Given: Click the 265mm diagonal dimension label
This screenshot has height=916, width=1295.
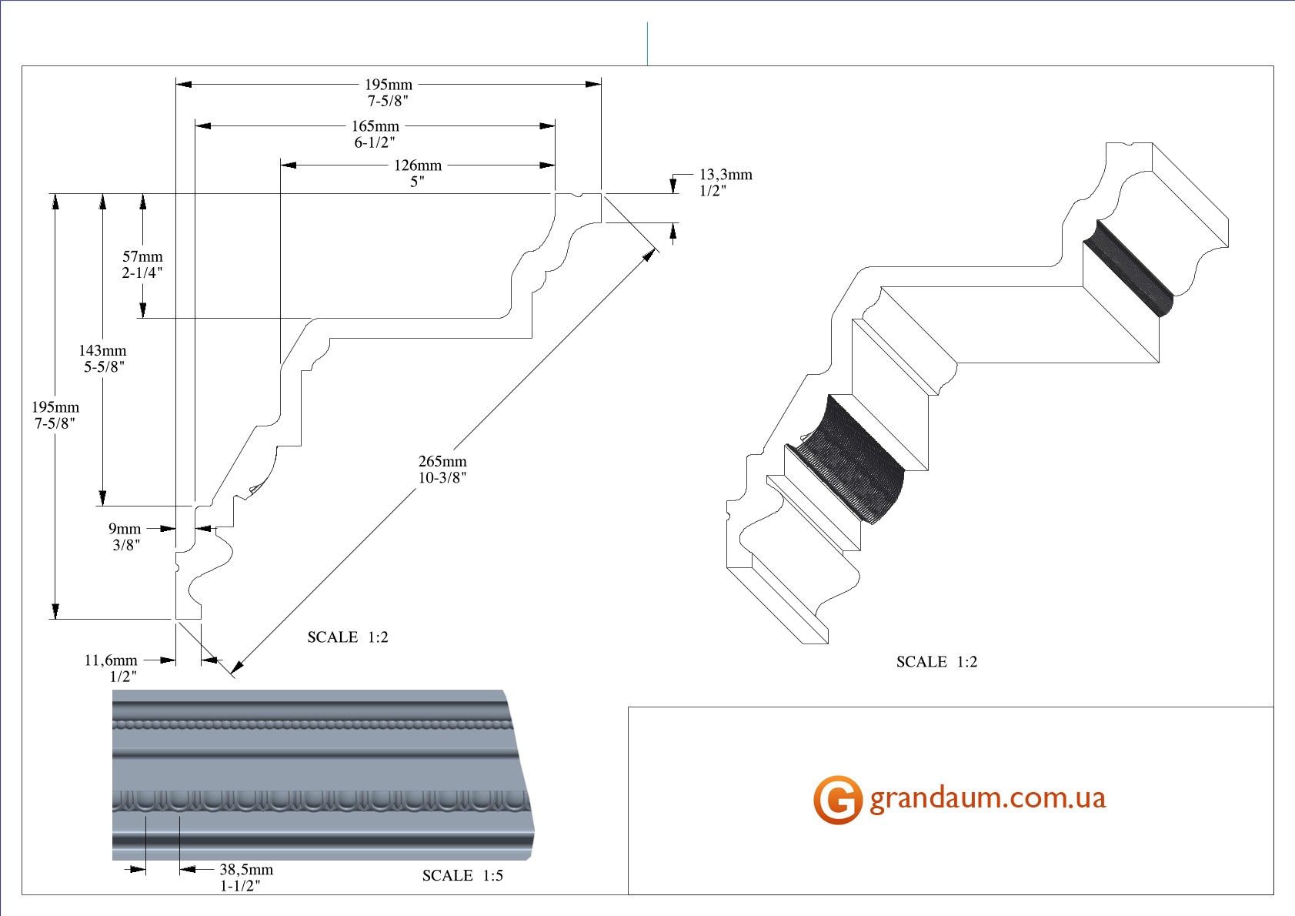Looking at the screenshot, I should click(x=442, y=462).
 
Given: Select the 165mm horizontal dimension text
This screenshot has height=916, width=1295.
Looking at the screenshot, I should click(x=375, y=126).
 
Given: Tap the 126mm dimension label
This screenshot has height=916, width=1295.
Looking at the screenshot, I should click(x=418, y=165).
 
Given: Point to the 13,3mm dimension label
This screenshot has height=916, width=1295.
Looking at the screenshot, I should click(x=726, y=175).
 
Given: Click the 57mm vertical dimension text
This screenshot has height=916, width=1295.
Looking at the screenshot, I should click(x=143, y=257).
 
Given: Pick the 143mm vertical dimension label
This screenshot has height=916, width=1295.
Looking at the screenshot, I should click(x=102, y=351).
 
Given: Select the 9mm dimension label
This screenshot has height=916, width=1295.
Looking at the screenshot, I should click(x=125, y=529).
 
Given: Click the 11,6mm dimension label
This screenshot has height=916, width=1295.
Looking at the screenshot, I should click(x=111, y=660).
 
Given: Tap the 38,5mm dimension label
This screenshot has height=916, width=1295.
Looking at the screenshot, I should click(x=246, y=870).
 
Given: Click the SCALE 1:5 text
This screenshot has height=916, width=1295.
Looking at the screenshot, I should click(x=462, y=876).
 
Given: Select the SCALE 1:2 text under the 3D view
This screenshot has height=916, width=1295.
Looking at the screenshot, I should click(x=936, y=662).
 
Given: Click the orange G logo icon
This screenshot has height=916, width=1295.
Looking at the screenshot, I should click(x=837, y=800).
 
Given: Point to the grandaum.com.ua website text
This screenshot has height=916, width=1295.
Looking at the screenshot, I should click(x=987, y=798).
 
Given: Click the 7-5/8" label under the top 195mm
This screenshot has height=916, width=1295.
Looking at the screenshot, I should click(x=388, y=101).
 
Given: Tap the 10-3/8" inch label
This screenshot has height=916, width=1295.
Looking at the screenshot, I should click(x=442, y=478).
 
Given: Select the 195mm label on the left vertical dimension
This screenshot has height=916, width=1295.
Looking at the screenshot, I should click(x=55, y=407).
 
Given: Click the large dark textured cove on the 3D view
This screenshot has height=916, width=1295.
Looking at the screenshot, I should click(x=854, y=458).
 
